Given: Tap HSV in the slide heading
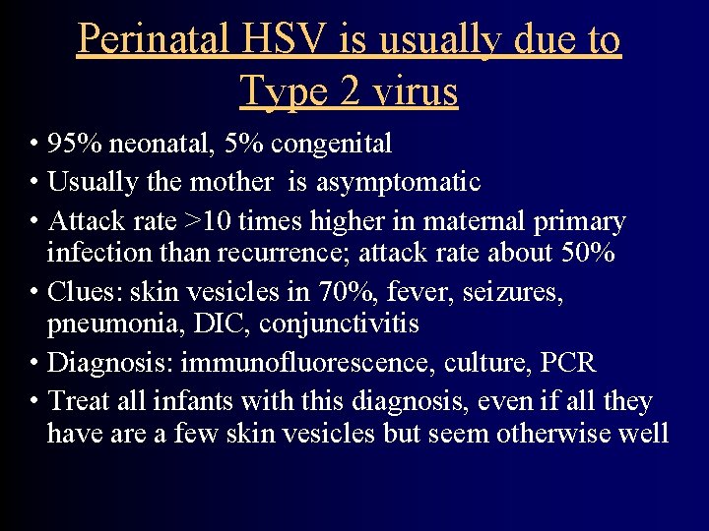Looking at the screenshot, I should [x=293, y=40].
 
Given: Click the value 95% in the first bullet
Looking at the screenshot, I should [x=75, y=145].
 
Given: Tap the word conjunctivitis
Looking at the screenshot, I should [x=342, y=324].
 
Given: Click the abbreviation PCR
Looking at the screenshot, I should [x=567, y=362].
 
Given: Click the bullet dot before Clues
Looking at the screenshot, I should [x=34, y=292].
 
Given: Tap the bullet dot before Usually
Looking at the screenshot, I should [x=34, y=183].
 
